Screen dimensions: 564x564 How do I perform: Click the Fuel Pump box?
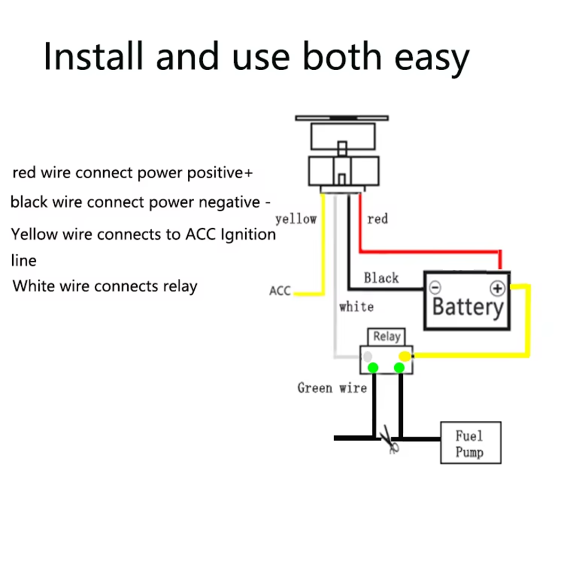click(470, 443)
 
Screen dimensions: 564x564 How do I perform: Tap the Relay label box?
click(386, 336)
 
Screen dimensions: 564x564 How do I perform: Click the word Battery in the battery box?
click(467, 307)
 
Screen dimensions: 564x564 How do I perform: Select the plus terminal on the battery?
click(497, 288)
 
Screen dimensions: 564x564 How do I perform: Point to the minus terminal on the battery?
click(435, 288)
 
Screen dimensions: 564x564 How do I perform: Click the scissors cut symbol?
click(390, 442)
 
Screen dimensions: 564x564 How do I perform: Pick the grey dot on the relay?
click(367, 356)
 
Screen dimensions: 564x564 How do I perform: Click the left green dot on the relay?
click(374, 367)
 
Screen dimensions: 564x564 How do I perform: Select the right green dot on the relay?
click(399, 368)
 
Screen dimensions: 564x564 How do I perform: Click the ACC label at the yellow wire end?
click(280, 291)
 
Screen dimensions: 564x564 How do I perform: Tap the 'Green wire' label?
click(332, 388)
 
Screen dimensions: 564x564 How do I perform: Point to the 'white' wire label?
click(356, 306)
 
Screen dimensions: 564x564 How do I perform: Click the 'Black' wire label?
click(381, 278)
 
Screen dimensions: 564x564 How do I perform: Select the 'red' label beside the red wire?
click(377, 219)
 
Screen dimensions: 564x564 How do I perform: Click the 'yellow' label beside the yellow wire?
click(296, 219)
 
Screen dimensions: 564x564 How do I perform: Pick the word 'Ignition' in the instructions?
click(248, 234)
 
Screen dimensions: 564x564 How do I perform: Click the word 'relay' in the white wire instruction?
click(179, 286)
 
